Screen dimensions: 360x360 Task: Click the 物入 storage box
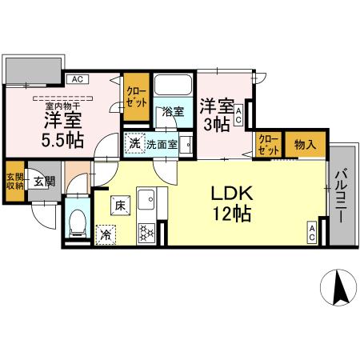(305, 145)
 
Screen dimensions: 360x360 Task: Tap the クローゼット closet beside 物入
(268, 145)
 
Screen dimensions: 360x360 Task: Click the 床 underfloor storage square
(118, 206)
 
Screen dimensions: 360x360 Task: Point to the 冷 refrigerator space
(105, 234)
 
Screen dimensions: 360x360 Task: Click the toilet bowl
(78, 222)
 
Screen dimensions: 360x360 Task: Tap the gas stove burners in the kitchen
(147, 233)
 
